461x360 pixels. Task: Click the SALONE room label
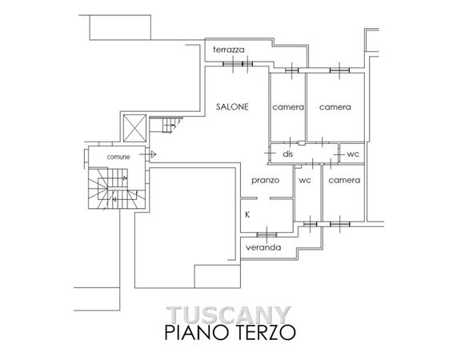pos(232,106)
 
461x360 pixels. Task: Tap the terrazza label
pos(229,50)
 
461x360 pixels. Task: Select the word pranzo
pos(266,181)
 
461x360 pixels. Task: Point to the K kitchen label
pos(247,215)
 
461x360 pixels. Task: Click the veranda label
pos(263,247)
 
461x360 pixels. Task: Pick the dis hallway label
pos(288,154)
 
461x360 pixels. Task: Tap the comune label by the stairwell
pos(118,157)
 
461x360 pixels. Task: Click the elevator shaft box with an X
pos(134,128)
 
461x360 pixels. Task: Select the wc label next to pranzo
pos(305,181)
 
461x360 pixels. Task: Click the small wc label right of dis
pos(353,154)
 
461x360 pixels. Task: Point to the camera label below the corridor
pos(344,180)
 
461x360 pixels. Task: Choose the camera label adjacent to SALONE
pos(288,107)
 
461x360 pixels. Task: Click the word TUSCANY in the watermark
pos(229,314)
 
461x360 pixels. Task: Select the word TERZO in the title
pos(267,332)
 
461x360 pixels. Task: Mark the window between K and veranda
pos(267,234)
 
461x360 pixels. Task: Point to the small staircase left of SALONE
pos(170,125)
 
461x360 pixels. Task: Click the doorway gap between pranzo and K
pos(263,198)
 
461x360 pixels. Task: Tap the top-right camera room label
pos(335,107)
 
